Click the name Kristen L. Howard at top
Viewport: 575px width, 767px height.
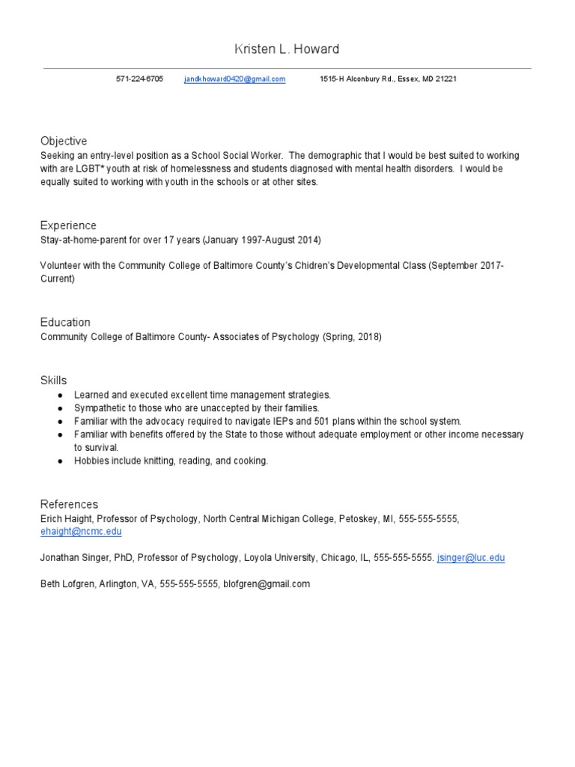(x=287, y=49)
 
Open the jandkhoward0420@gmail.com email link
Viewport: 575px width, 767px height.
(x=234, y=79)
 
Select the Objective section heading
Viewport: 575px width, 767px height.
(x=64, y=141)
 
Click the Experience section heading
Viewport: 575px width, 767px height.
(x=68, y=225)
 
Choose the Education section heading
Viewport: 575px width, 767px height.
(x=65, y=322)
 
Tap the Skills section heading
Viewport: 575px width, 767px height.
(x=53, y=381)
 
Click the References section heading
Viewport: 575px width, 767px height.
(x=69, y=504)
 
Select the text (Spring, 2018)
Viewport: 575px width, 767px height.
(x=352, y=337)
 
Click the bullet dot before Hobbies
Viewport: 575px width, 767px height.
(x=59, y=461)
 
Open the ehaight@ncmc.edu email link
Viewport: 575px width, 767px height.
(x=81, y=532)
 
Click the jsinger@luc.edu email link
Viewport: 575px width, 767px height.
(x=471, y=558)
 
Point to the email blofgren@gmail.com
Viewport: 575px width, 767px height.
(x=266, y=584)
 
